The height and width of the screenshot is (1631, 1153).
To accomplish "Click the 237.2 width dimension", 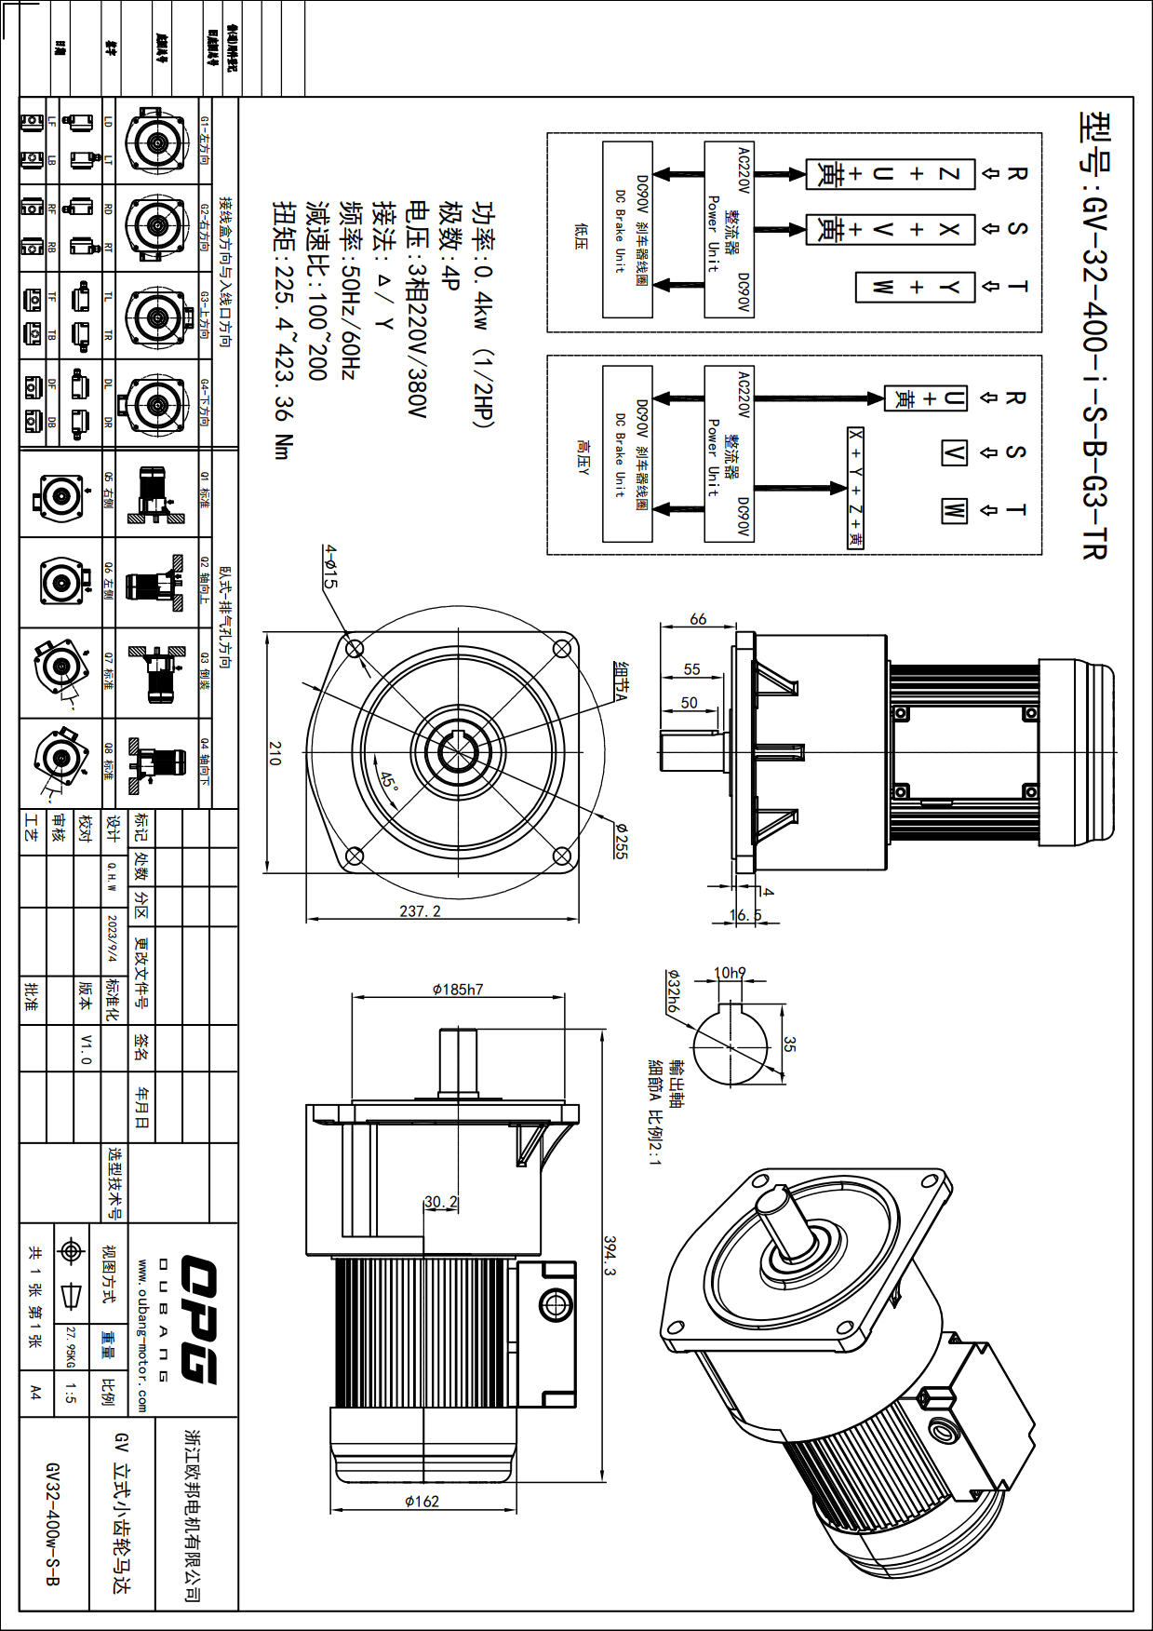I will pyautogui.click(x=420, y=911).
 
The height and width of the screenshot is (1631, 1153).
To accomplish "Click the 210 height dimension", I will pyautogui.click(x=274, y=753).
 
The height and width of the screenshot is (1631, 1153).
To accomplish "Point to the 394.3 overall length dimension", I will pyautogui.click(x=610, y=1256).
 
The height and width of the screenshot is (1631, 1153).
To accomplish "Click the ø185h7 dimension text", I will pyautogui.click(x=458, y=990).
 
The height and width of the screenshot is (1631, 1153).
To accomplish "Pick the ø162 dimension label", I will pyautogui.click(x=422, y=1501).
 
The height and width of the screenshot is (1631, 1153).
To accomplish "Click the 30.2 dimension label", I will pyautogui.click(x=441, y=1202).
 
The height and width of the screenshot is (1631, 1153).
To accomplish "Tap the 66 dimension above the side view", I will pyautogui.click(x=698, y=619).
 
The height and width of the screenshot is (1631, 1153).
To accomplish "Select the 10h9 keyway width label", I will pyautogui.click(x=730, y=973).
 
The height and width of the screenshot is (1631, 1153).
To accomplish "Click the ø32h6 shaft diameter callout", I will pyautogui.click(x=673, y=992).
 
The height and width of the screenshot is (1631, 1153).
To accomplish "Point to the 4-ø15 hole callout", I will pyautogui.click(x=329, y=566).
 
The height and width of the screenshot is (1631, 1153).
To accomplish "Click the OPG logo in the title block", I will pyautogui.click(x=197, y=1318).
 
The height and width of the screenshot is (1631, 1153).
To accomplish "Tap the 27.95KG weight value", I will pyautogui.click(x=70, y=1346).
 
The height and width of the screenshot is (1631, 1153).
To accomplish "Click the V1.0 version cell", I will pyautogui.click(x=86, y=1048).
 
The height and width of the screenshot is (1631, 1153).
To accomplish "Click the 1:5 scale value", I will pyautogui.click(x=71, y=1393).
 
